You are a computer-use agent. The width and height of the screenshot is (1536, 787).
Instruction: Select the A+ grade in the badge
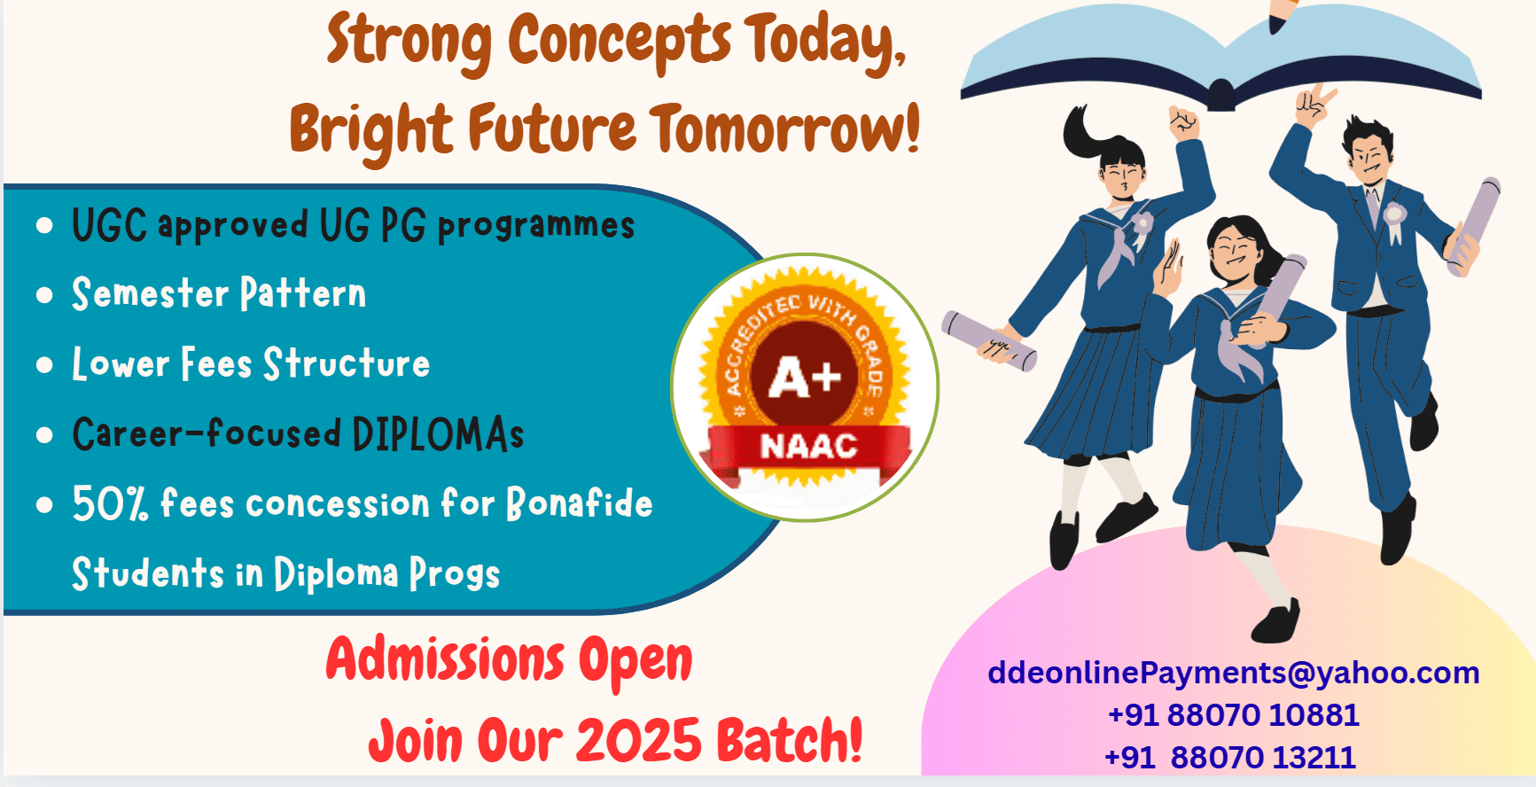(805, 378)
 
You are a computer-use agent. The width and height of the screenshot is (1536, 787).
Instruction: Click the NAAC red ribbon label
(808, 446)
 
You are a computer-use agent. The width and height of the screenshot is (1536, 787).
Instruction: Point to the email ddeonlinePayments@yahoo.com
(1233, 673)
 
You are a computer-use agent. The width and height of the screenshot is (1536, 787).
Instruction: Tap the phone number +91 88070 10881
(1233, 714)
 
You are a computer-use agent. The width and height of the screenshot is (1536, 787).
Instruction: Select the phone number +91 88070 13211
(1230, 758)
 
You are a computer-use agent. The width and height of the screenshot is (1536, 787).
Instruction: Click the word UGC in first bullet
(109, 225)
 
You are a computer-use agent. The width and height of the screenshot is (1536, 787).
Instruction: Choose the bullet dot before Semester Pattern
(44, 295)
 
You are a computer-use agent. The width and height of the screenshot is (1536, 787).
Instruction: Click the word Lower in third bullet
(121, 363)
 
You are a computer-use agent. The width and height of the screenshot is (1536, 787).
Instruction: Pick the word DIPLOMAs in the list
(438, 433)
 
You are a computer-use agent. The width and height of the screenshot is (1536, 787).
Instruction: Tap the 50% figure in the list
(110, 503)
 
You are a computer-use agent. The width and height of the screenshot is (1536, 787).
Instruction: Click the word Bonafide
(580, 503)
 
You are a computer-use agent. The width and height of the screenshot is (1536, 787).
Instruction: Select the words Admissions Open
(509, 661)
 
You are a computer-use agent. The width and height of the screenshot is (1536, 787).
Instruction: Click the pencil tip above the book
(1275, 27)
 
